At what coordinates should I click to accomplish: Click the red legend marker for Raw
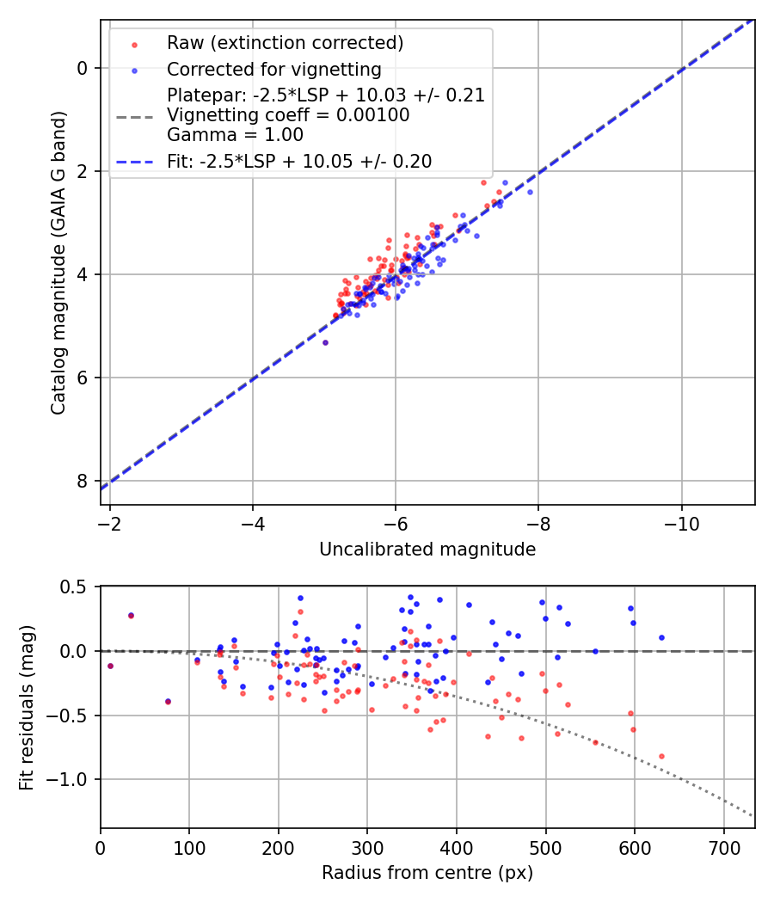pyautogui.click(x=133, y=43)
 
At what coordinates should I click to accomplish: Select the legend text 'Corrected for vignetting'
pyautogui.click(x=274, y=69)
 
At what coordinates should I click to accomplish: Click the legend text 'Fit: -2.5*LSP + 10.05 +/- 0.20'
pyautogui.click(x=299, y=161)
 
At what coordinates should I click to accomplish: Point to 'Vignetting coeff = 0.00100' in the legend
pyautogui.click(x=288, y=114)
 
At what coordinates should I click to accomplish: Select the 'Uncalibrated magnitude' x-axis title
pyautogui.click(x=427, y=550)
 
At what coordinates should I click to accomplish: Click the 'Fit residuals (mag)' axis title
pyautogui.click(x=27, y=708)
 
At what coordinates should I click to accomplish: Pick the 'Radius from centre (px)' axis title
pyautogui.click(x=427, y=873)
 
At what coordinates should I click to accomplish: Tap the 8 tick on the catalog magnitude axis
pyautogui.click(x=83, y=481)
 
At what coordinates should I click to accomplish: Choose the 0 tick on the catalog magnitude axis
pyautogui.click(x=83, y=68)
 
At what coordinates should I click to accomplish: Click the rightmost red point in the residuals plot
pyautogui.click(x=661, y=756)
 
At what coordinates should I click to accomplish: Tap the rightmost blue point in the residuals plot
pyautogui.click(x=661, y=637)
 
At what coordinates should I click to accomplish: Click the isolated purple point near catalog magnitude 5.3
pyautogui.click(x=325, y=342)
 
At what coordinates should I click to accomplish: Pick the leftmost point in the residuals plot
pyautogui.click(x=110, y=666)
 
